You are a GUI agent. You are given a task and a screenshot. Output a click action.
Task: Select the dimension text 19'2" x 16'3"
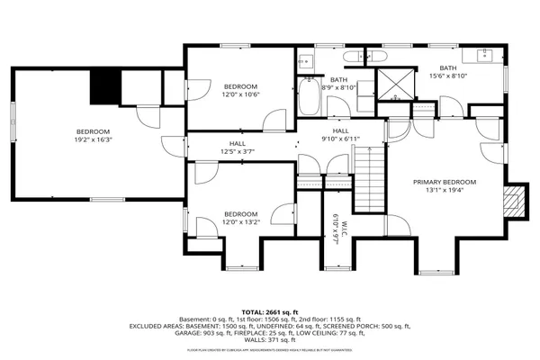[x=94, y=139]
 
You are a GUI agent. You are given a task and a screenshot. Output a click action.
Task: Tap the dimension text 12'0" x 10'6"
[x=241, y=94]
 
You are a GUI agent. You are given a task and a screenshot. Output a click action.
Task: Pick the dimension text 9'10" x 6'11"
[x=340, y=139]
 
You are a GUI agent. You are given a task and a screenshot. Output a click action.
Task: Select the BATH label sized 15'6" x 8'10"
[x=447, y=68]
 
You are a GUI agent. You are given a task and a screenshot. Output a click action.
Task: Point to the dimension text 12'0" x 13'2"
[x=241, y=221]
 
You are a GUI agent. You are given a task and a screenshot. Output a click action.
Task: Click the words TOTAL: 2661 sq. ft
[x=269, y=310]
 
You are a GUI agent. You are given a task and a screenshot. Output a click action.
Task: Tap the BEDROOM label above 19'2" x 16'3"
[x=93, y=130]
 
